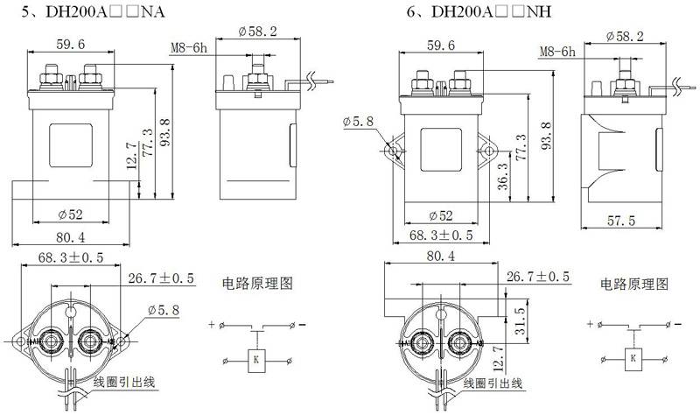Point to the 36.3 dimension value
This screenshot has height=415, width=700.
coord(502,177)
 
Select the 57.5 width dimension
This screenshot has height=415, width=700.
coord(620,221)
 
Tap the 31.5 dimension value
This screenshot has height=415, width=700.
coord(520,320)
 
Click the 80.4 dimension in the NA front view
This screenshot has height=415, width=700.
coord(71,237)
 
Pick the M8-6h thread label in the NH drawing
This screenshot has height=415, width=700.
coord(557,52)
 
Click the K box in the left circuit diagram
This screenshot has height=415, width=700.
coord(255,360)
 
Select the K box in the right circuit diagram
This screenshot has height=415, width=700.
coord(633,359)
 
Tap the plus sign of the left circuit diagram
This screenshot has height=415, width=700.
coord(212,324)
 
